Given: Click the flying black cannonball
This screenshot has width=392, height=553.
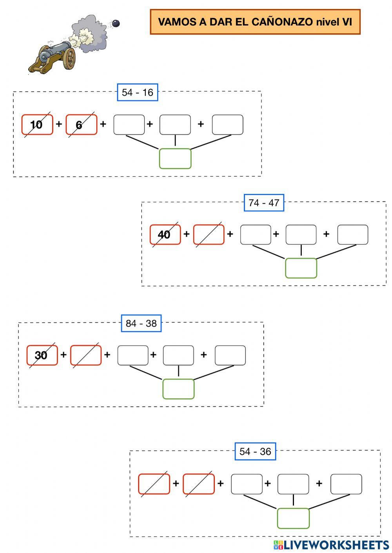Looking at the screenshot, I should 116,24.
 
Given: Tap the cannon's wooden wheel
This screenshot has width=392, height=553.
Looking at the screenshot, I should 69,59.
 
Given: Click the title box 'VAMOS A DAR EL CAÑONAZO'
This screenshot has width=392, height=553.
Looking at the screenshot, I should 255,22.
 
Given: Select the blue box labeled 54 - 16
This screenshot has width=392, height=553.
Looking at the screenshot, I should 138,92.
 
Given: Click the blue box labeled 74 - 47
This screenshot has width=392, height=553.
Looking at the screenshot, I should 264,203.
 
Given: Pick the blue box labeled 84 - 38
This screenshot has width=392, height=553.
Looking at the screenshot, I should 141,323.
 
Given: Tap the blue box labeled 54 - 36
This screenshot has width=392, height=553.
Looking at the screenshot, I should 255,451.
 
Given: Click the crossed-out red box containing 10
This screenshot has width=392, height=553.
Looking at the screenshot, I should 37,125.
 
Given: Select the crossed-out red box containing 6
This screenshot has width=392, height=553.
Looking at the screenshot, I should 81,125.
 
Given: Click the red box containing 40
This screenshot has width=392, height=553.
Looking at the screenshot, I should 165,234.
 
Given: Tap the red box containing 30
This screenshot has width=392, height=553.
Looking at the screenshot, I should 42,355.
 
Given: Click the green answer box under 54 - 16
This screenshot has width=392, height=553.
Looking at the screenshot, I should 175,159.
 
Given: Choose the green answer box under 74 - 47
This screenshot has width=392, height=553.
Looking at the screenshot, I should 301,268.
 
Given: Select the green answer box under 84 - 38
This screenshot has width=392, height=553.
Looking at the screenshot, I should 178,389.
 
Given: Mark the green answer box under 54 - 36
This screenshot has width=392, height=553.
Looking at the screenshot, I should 293,518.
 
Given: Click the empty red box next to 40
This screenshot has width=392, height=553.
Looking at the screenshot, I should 209,234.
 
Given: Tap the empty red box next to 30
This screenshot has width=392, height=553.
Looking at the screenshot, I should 86,355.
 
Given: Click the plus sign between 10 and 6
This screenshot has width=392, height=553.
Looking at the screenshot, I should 59,124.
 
